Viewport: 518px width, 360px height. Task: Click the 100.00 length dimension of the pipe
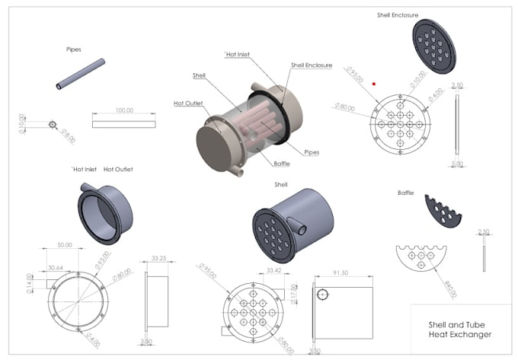pos(123,110)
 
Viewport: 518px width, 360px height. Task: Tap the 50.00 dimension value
pos(66,245)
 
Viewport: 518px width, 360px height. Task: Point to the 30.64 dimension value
pos(56,267)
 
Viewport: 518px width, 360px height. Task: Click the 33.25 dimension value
pos(159,258)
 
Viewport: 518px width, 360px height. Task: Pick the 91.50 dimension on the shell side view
pos(341,272)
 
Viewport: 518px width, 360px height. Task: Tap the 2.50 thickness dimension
pos(482,232)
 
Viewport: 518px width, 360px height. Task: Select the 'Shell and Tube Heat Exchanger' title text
pos(459,329)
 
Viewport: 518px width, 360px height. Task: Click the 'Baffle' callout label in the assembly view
pos(282,163)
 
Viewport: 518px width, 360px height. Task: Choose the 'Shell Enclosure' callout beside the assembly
pos(311,65)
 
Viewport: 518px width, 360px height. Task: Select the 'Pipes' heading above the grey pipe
pos(74,49)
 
